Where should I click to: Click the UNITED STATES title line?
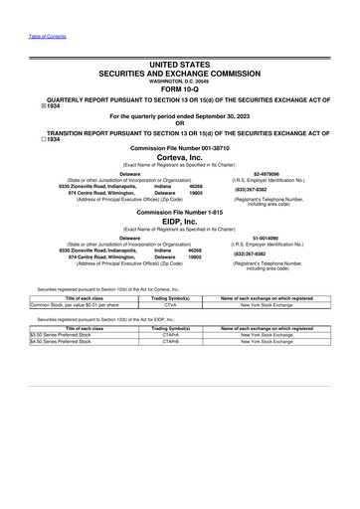[179, 65]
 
